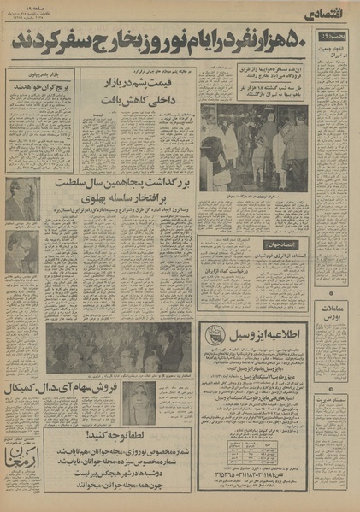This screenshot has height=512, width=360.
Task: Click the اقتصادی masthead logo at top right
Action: pos(329,11)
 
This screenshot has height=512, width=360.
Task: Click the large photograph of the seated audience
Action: pos(120,347)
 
